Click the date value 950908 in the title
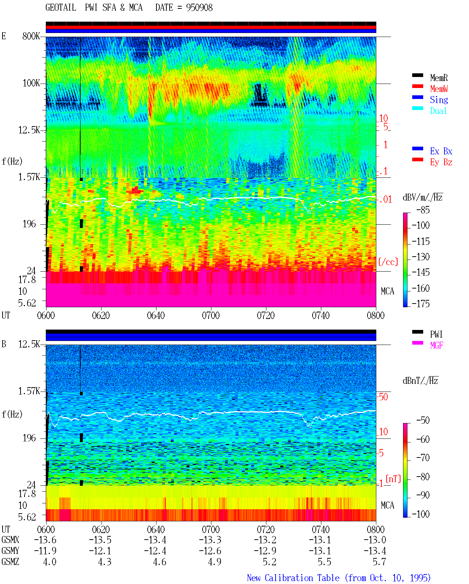coord(199,8)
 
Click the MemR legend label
coord(439,78)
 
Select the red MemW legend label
coord(439,89)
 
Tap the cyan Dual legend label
coord(438,111)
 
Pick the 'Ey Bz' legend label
coord(441,162)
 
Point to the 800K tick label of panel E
coord(31,36)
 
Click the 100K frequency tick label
coord(31,83)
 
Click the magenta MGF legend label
coord(436,345)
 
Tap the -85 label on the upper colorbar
coord(423,210)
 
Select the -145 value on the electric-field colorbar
coord(421,272)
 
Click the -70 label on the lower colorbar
coord(423,458)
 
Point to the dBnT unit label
coord(420,381)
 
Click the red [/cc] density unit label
coord(388,262)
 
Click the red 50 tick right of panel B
coord(383,397)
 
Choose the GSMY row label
coord(10,551)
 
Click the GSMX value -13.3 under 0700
coord(210,540)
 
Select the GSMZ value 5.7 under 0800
coord(379,562)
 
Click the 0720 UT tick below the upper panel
coord(266,316)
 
